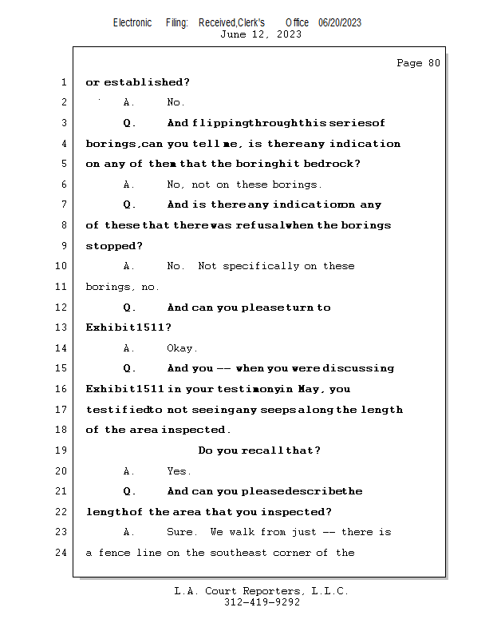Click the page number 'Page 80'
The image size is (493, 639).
(x=418, y=63)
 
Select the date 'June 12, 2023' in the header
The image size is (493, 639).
(x=261, y=34)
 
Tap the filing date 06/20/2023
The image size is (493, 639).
(x=340, y=22)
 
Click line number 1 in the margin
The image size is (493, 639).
(x=63, y=82)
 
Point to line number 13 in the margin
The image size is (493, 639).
(x=61, y=327)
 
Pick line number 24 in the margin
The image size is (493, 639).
(x=61, y=553)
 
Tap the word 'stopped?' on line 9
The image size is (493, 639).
(x=108, y=246)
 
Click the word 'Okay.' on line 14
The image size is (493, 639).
(x=182, y=348)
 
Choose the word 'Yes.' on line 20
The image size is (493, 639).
(x=179, y=471)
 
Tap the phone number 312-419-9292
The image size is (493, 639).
(x=262, y=603)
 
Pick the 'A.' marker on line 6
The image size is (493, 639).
(x=129, y=185)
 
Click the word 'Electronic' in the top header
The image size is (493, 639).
(x=132, y=22)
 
